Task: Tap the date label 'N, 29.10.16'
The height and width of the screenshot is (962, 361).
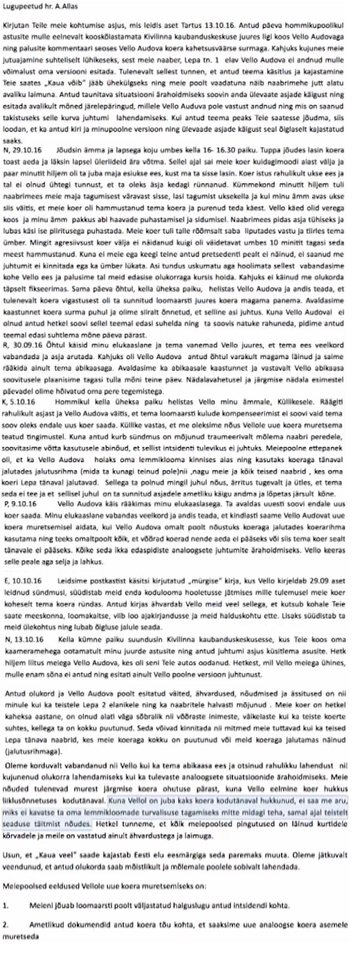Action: [22, 150]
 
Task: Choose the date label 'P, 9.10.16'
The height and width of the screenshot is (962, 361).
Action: [21, 504]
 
